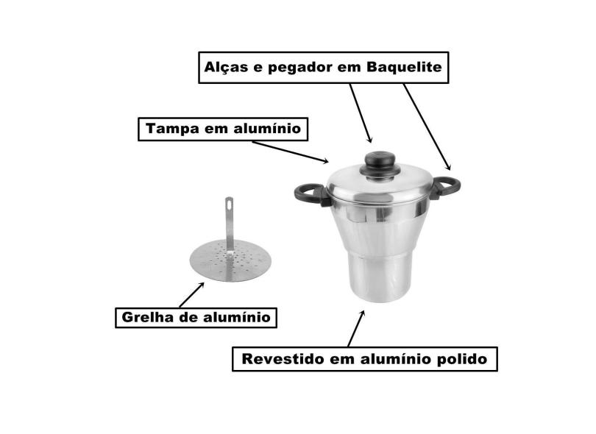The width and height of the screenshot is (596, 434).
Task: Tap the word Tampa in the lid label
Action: point(170,129)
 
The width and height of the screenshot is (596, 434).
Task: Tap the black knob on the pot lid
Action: point(380,160)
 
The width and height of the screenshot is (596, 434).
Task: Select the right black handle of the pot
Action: point(445,186)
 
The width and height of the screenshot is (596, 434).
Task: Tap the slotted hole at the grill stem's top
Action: point(229,202)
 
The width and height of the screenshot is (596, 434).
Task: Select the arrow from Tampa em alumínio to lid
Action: point(291,151)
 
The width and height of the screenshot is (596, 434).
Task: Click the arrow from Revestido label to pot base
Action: point(356,328)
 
